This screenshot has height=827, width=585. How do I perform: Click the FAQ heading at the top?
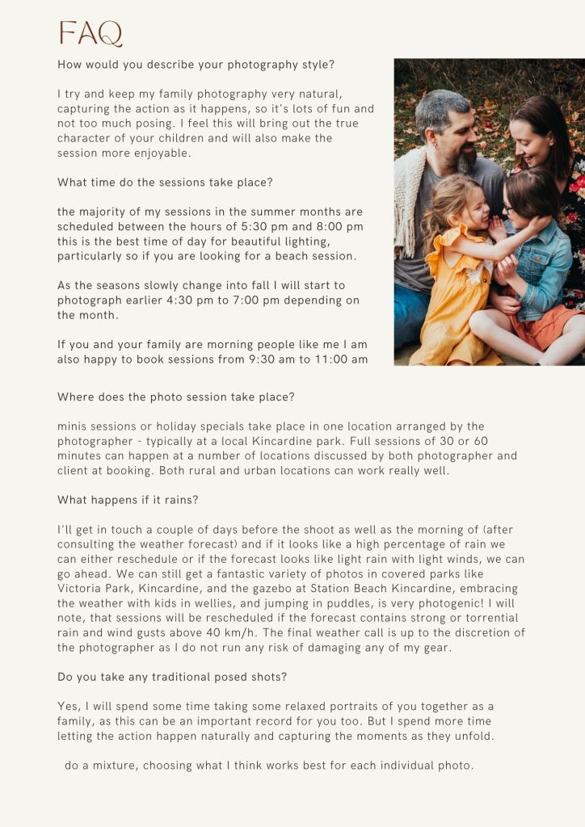click(x=90, y=34)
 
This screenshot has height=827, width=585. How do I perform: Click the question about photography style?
click(x=196, y=65)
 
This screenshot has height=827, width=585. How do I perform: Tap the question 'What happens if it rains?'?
click(x=128, y=500)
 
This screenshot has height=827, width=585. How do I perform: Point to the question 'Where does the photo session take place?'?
click(x=176, y=397)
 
